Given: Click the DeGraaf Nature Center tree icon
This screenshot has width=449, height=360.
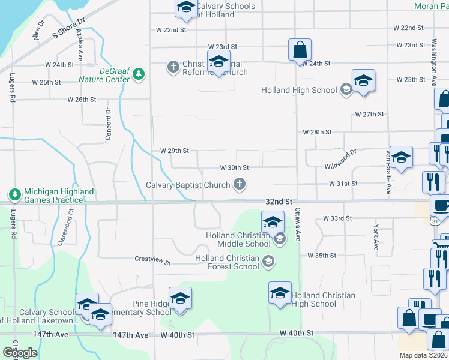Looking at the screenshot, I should point(139,74).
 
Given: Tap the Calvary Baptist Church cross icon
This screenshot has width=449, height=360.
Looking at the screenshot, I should point(240,184).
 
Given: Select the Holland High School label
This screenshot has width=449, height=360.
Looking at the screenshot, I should point(299,91).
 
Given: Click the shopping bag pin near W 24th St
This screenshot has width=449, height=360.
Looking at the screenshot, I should point(299,50).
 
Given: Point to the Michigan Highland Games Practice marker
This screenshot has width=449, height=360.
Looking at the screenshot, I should point(14,195).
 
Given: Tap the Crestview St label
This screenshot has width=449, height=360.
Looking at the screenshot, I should point(152,263).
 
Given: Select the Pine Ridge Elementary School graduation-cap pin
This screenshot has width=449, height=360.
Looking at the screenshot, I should point(180,299).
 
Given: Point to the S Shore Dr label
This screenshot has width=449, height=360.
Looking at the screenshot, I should point(70,28).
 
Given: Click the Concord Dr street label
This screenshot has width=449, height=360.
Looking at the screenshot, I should point(109,124).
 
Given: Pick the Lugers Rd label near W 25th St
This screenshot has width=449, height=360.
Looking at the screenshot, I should point(12,88).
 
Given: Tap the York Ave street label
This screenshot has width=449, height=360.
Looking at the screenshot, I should point(376,238).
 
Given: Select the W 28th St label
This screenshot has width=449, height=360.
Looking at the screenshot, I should point(317,131).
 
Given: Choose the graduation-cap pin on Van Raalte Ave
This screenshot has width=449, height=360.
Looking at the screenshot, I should point(401,158).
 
